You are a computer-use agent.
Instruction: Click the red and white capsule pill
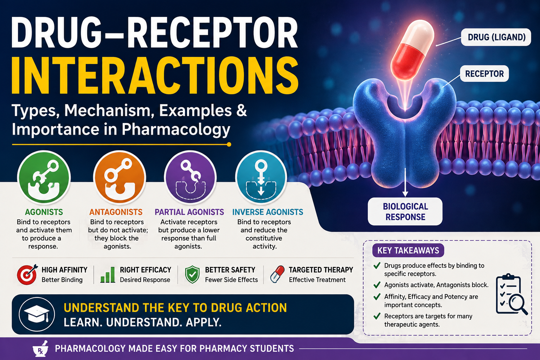tap(412, 50)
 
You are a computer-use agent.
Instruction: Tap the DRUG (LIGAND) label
tap(496, 37)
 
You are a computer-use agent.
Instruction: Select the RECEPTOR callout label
tap(484, 73)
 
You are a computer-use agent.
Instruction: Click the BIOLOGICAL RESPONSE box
tap(405, 212)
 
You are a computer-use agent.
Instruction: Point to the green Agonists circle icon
tap(44, 178)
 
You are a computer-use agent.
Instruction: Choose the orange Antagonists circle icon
tap(120, 178)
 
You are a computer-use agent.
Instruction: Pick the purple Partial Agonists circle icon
tap(190, 178)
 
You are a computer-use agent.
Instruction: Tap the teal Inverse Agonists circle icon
tap(261, 178)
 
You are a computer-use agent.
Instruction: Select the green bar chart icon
tap(108, 275)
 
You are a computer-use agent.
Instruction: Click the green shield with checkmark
tap(192, 275)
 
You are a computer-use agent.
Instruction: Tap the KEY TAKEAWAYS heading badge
tap(408, 251)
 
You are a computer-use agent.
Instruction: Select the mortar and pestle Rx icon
tap(40, 349)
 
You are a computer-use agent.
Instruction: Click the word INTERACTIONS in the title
tap(155, 75)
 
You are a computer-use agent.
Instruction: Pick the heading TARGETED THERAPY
tap(321, 270)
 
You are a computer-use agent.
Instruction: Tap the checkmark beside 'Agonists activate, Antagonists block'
tap(377, 285)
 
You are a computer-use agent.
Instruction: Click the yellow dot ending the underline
tap(229, 144)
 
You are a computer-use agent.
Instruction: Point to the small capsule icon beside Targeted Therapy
tap(277, 274)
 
